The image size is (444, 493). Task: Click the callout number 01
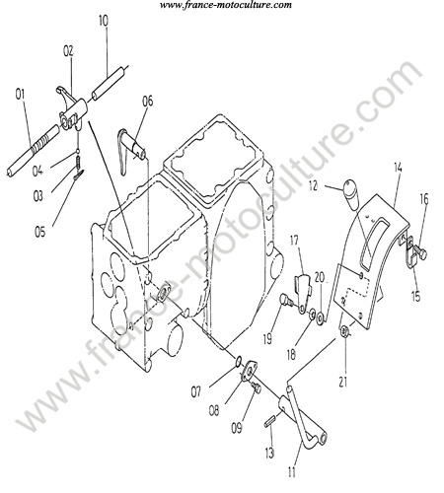(x=21, y=95)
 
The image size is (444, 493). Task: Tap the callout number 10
(x=104, y=21)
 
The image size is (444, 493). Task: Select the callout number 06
(x=148, y=101)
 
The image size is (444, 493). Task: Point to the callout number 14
(x=398, y=168)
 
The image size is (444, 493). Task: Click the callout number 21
(x=343, y=382)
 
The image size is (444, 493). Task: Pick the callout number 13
(x=269, y=454)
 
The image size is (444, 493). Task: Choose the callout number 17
(x=294, y=241)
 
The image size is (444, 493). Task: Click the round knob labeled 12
(x=351, y=194)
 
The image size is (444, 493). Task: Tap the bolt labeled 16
(x=420, y=253)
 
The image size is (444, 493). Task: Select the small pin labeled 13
(x=270, y=421)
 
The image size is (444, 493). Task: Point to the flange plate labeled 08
(x=251, y=372)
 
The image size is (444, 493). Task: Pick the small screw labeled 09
(x=256, y=387)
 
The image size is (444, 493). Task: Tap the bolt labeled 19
(x=286, y=301)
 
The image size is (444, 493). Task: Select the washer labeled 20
(x=320, y=318)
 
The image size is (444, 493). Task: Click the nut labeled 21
(x=344, y=331)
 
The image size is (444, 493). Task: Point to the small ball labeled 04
(x=78, y=151)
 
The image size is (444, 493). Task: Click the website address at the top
(x=226, y=5)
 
